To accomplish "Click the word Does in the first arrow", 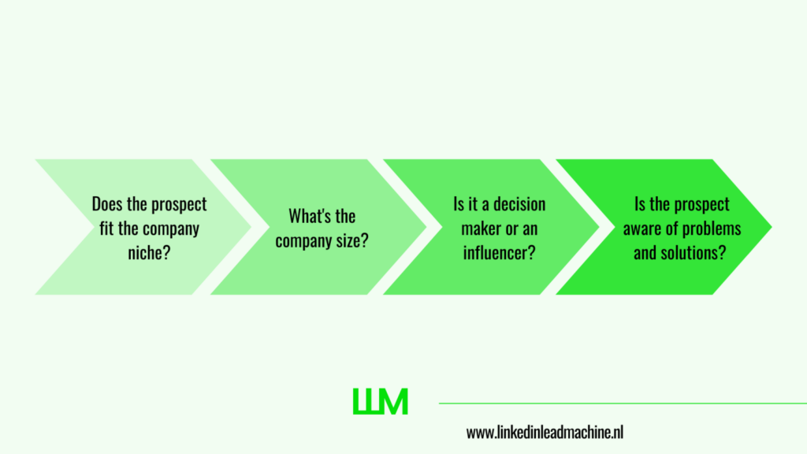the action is pyautogui.click(x=107, y=204).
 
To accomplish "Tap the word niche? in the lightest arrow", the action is pyautogui.click(x=149, y=253).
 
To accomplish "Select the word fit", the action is pyautogui.click(x=106, y=228).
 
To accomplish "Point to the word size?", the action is pyautogui.click(x=352, y=240).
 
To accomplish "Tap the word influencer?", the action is pyautogui.click(x=499, y=253).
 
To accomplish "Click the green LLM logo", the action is pyautogui.click(x=381, y=401).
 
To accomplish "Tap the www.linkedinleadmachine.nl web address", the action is pyautogui.click(x=545, y=433).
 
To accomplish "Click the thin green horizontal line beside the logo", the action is pyautogui.click(x=623, y=403).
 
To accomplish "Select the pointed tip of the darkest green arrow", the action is pyautogui.click(x=772, y=226).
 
